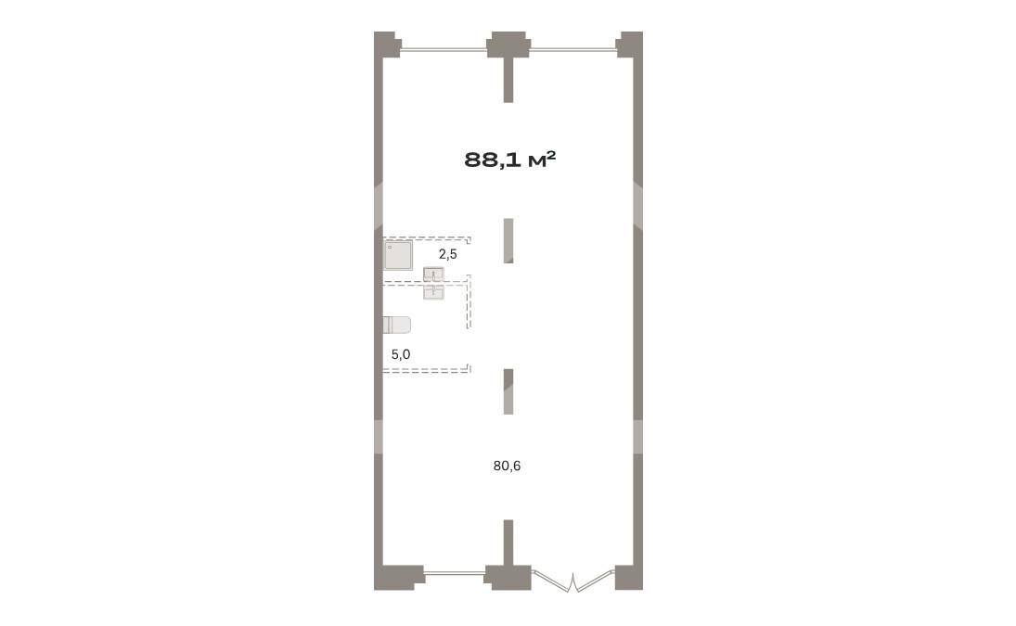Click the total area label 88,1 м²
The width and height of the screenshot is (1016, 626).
point(510,160)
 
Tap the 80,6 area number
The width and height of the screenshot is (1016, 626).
point(507,466)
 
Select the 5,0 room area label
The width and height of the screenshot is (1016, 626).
point(401,354)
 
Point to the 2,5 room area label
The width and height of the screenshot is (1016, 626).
point(448,254)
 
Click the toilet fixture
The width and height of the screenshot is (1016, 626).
point(396,325)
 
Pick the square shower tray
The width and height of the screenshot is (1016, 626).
point(398,255)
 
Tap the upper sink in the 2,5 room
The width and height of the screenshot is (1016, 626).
point(433,275)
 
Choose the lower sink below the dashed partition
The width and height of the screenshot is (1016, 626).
point(433,292)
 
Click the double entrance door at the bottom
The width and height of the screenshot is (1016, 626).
point(573,580)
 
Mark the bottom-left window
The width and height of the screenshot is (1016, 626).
point(454,572)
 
